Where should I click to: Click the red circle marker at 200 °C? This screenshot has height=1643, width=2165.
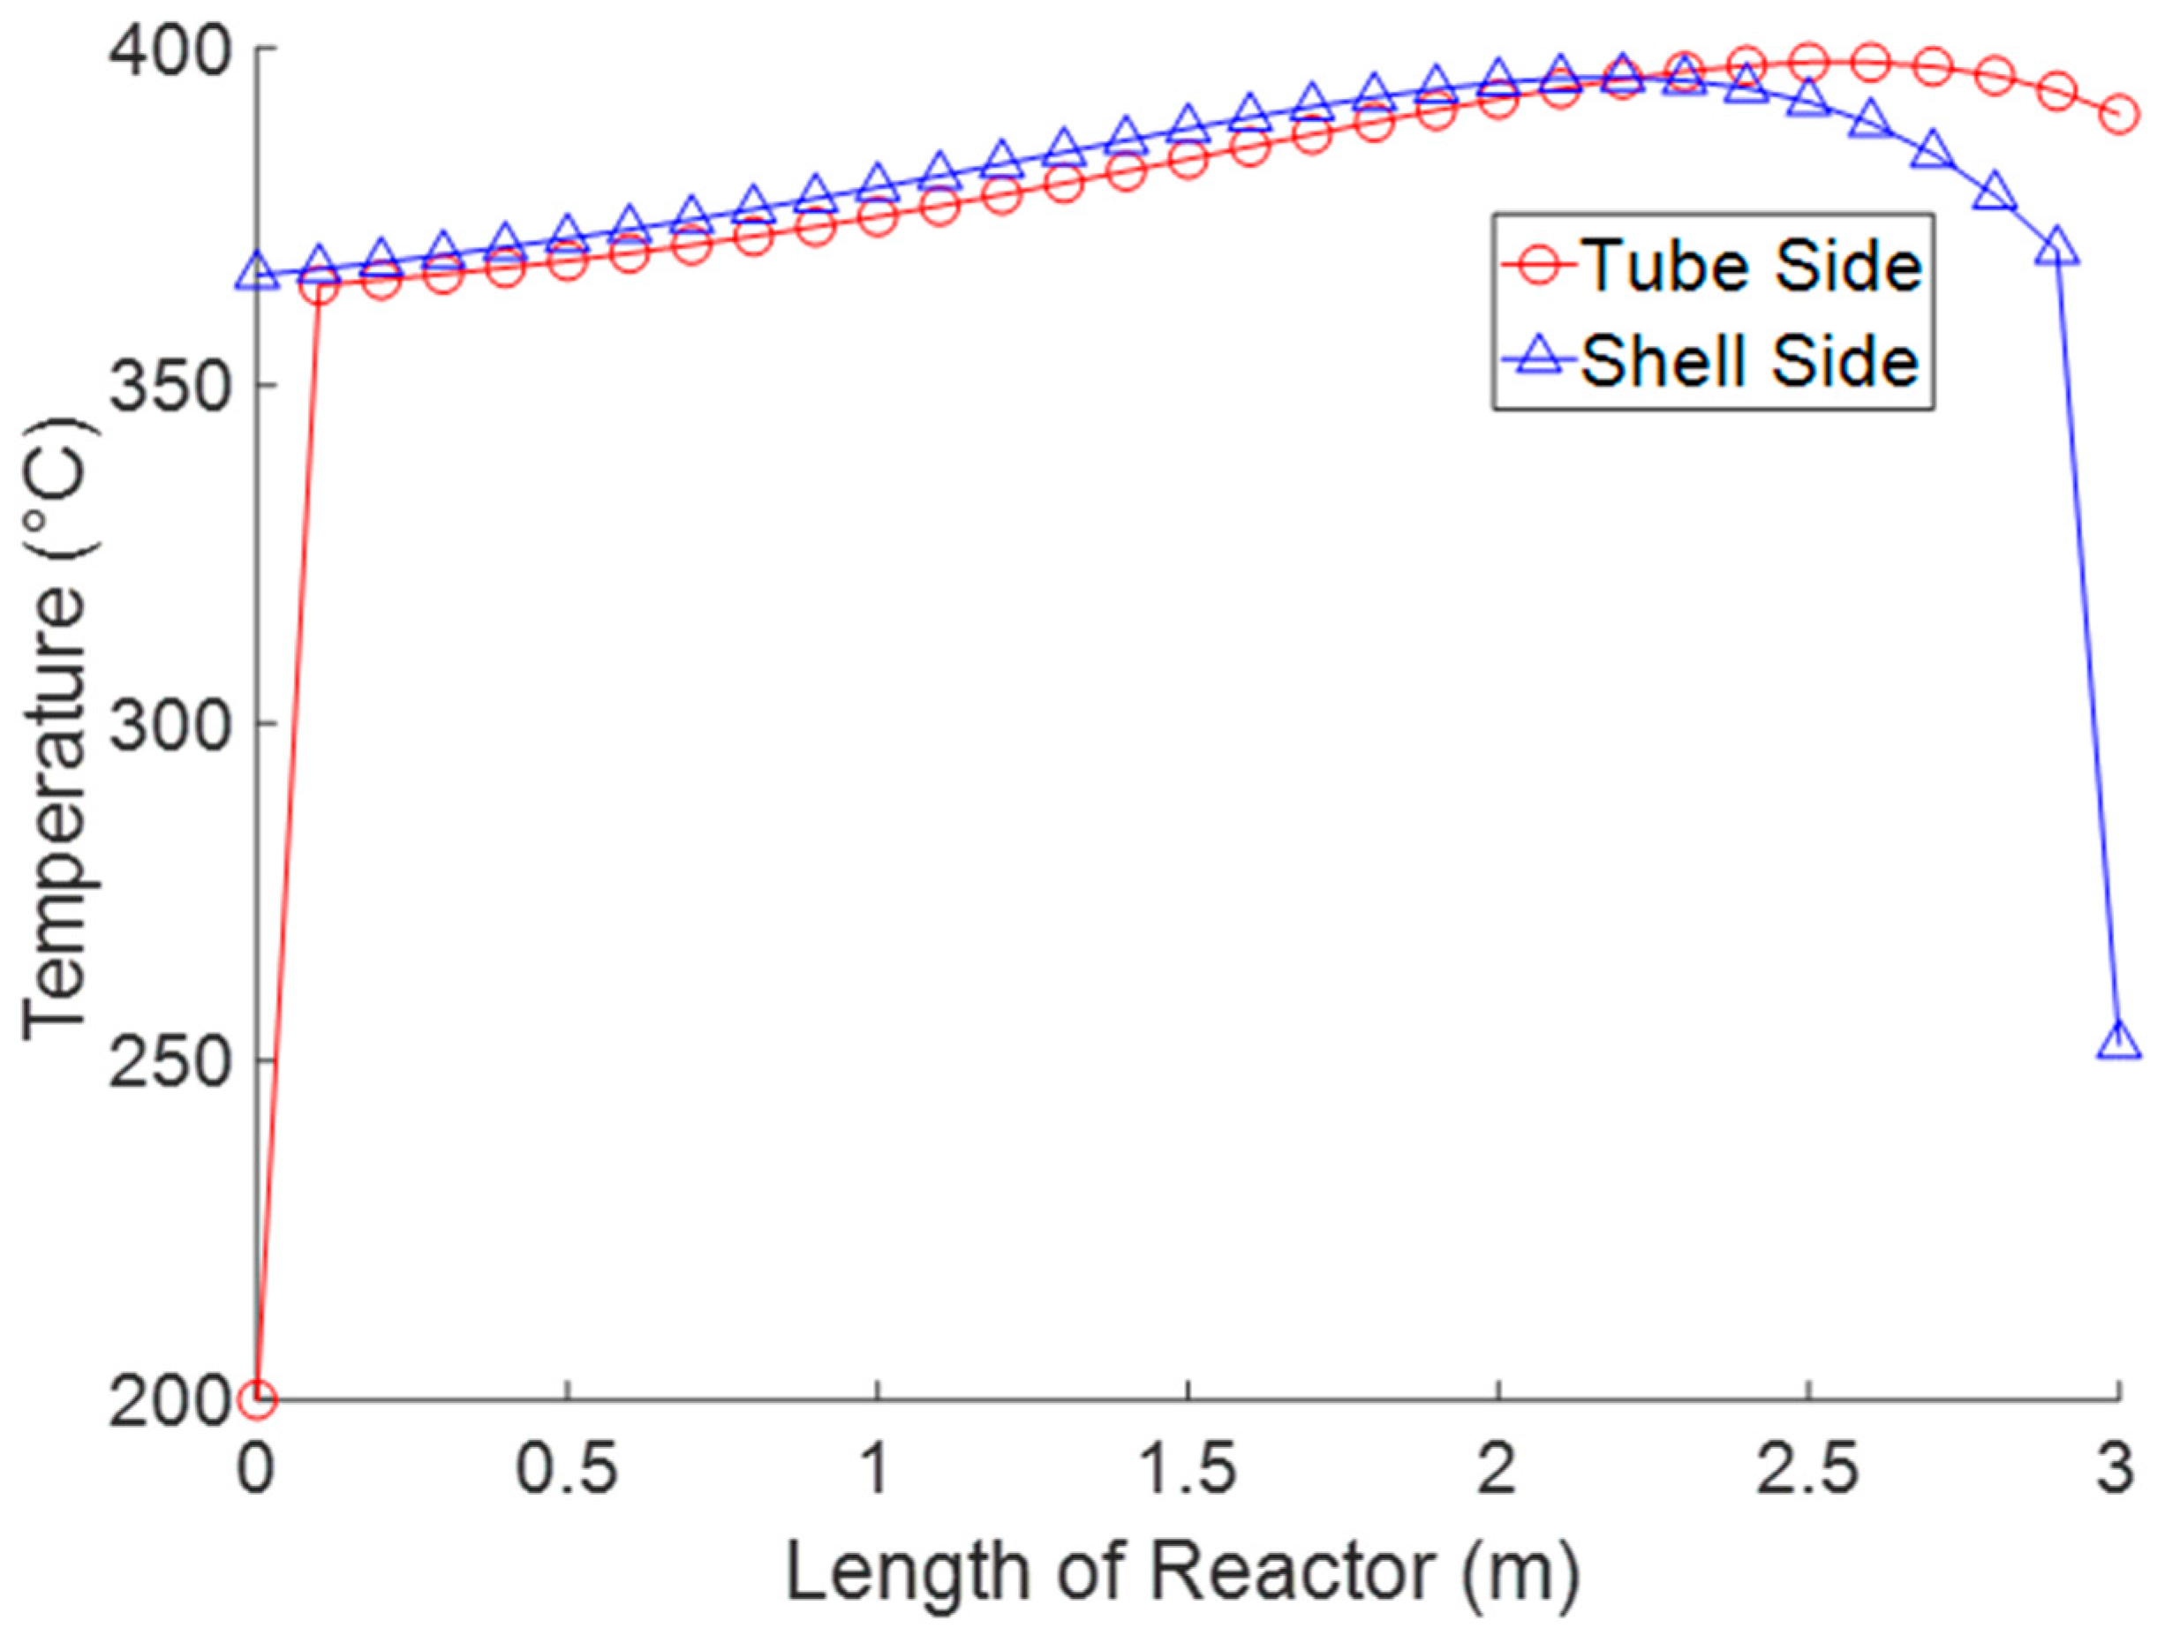[256, 1398]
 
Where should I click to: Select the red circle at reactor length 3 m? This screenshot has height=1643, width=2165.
[2118, 115]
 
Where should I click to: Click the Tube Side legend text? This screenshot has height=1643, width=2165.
[1751, 265]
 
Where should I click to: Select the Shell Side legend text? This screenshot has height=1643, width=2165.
[1750, 361]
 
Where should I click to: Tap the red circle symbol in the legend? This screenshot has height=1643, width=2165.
[1539, 265]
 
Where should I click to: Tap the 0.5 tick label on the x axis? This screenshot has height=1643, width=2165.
[567, 1471]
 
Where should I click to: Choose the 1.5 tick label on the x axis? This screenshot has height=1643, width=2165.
[1188, 1471]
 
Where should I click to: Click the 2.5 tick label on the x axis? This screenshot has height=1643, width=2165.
[1807, 1471]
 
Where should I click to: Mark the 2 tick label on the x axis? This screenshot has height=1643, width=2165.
[1497, 1471]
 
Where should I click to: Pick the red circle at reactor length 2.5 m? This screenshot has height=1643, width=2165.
[1807, 62]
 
